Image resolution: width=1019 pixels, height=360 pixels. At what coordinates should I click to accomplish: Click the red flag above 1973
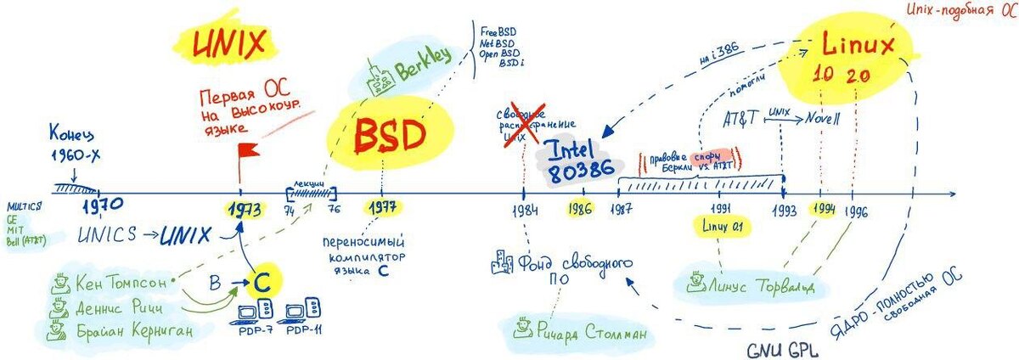pyautogui.click(x=248, y=152)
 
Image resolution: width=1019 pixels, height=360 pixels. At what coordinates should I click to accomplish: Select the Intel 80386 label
pyautogui.click(x=583, y=158)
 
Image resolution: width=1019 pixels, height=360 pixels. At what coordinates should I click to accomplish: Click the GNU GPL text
pyautogui.click(x=782, y=349)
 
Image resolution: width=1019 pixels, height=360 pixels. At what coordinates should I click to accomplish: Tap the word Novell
pyautogui.click(x=823, y=120)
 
